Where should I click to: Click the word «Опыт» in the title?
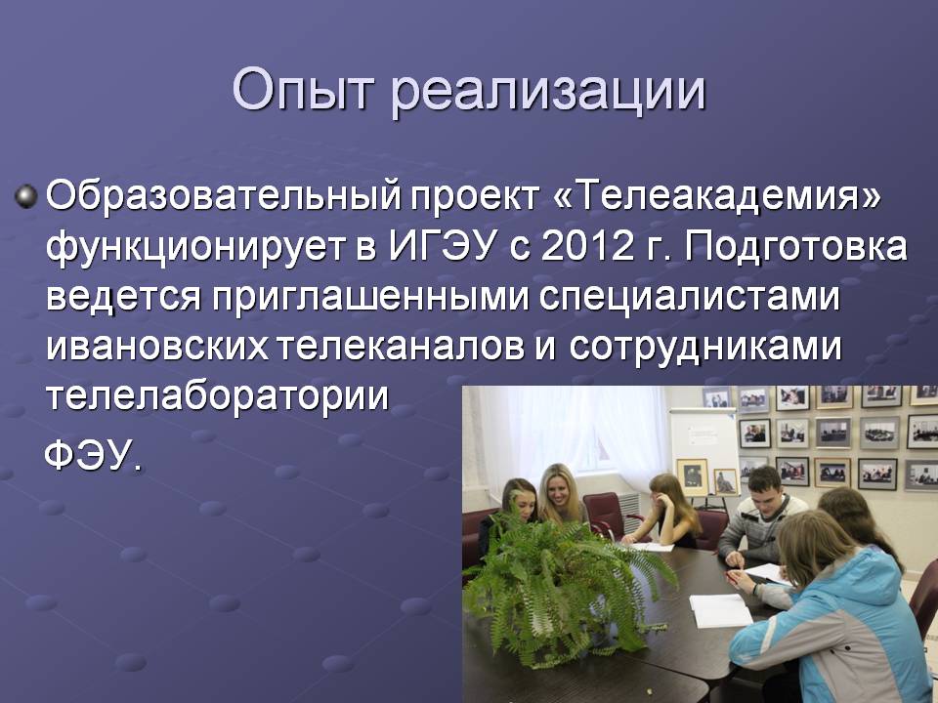pos(303,90)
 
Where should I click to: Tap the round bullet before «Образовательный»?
pos(25,196)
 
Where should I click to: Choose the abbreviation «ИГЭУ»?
pos(444,246)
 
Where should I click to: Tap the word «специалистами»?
pos(689,297)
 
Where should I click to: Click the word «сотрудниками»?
pos(704,348)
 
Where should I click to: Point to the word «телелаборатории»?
pos(218,397)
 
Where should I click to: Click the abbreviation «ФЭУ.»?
pos(94,456)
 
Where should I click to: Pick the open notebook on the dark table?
pos(721,609)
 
